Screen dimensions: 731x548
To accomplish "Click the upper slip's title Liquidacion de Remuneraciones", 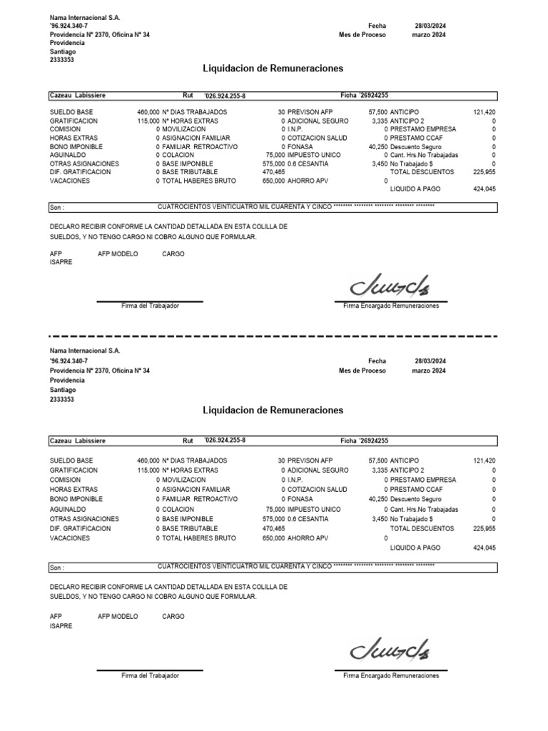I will click(273, 69).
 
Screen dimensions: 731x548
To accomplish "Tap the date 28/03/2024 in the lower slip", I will click(430, 361).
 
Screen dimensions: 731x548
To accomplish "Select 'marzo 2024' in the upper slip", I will click(430, 34).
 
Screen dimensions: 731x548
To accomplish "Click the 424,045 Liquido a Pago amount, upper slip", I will click(484, 189).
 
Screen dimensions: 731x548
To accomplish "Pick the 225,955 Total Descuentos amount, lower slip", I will click(484, 528).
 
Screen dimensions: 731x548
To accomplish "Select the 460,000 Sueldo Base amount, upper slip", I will click(148, 113).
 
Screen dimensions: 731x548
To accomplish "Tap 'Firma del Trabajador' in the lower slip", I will click(150, 675).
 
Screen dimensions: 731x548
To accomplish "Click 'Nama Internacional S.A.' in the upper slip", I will click(85, 17).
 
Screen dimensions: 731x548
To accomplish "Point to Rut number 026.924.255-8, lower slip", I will click(225, 440).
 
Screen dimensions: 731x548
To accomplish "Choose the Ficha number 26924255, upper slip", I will click(373, 95).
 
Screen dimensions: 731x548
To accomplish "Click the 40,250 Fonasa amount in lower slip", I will click(377, 499).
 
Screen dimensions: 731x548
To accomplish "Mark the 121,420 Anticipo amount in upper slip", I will click(484, 113).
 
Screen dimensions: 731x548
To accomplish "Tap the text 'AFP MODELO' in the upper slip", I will click(118, 253).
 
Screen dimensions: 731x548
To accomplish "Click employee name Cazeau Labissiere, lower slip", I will click(78, 441).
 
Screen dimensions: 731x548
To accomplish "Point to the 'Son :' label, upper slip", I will click(57, 208).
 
